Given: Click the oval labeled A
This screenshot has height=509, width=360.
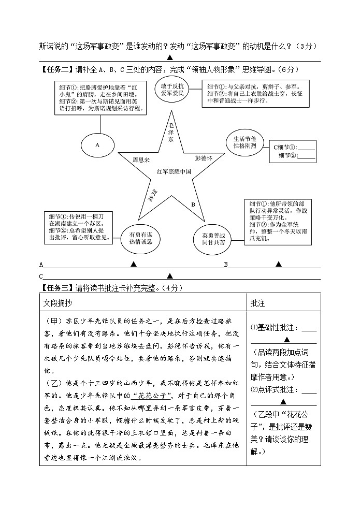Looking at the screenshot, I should pyautogui.click(x=97, y=146).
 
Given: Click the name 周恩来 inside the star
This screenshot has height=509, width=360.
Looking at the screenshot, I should pyautogui.click(x=141, y=160).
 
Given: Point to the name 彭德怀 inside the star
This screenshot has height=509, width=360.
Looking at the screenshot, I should pyautogui.click(x=204, y=158).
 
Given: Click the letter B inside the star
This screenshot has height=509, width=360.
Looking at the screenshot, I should pyautogui.click(x=193, y=205).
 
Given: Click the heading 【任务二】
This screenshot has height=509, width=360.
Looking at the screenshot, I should pyautogui.click(x=57, y=69).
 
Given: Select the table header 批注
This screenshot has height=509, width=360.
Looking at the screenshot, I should pyautogui.click(x=257, y=303).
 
